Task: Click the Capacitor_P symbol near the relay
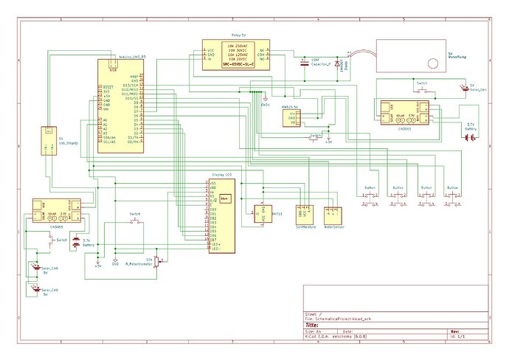click(305, 63)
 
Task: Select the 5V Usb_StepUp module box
click(49, 141)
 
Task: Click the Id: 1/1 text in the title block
click(460, 337)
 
